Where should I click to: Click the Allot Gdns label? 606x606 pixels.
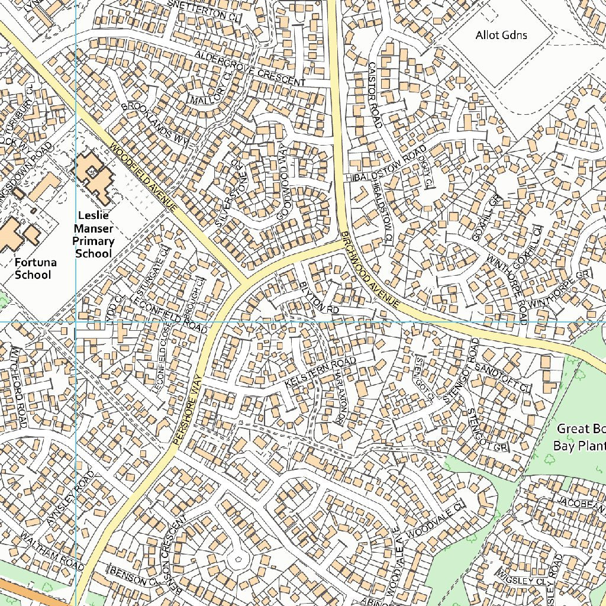tap(501, 36)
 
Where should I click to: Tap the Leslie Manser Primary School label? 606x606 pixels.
tap(93, 234)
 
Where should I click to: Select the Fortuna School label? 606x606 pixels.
tap(33, 269)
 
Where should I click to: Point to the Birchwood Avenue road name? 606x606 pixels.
tap(371, 269)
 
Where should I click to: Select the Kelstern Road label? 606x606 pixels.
tap(320, 373)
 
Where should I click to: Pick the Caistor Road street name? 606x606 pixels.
tap(375, 95)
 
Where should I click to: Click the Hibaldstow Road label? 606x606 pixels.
tap(388, 164)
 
